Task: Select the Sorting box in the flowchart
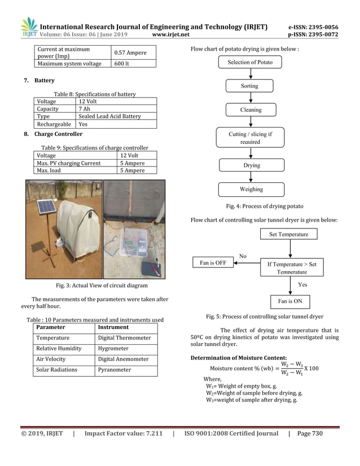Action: (x=249, y=86)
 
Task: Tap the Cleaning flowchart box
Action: (x=250, y=110)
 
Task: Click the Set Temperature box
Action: (x=288, y=234)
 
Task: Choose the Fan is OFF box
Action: (x=213, y=262)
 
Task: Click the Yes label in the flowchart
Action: (x=302, y=285)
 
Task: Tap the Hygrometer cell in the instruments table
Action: (x=125, y=349)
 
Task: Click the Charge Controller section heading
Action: (x=58, y=134)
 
